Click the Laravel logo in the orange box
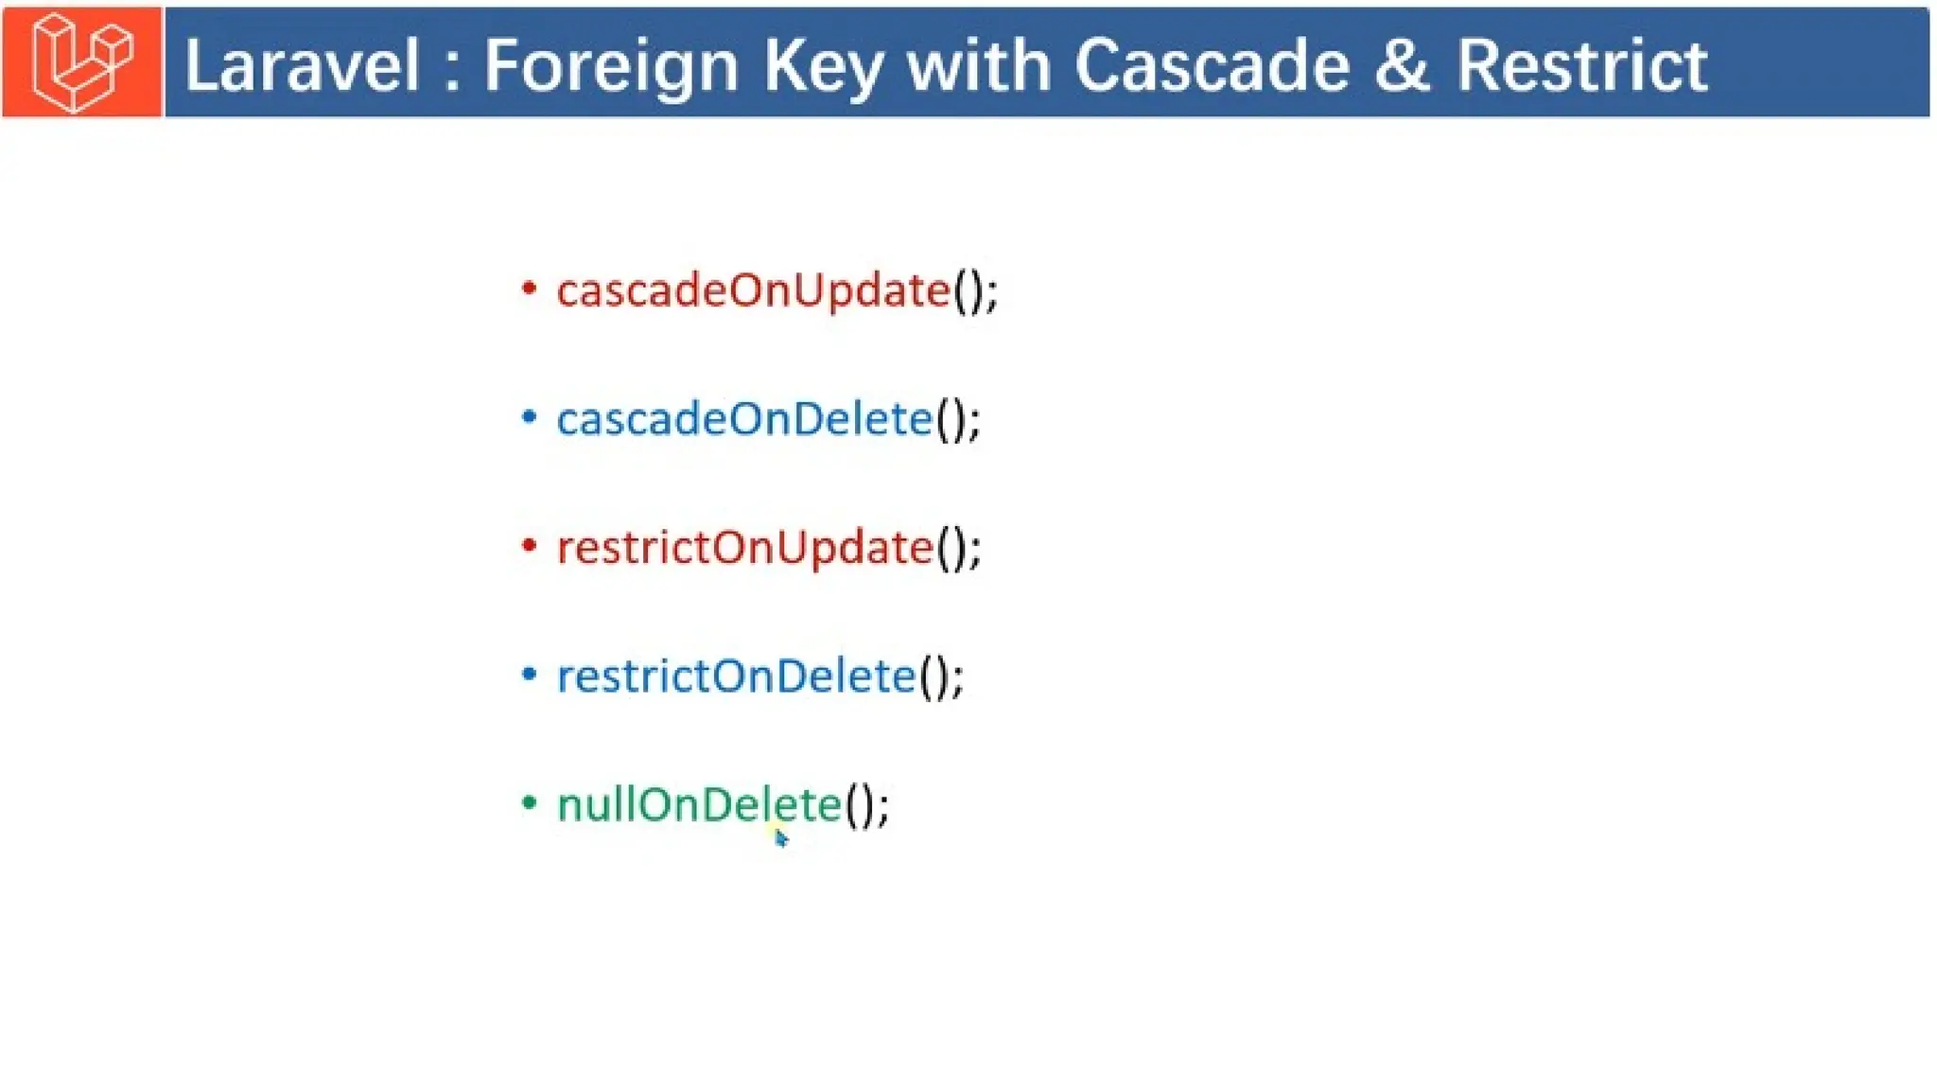tap(82, 62)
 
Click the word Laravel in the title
tap(302, 65)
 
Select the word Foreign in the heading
tap(611, 67)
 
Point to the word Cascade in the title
tap(1212, 65)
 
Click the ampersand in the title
tap(1402, 65)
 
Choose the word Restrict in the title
tap(1581, 65)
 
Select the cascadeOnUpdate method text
tap(754, 290)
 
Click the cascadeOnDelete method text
tap(745, 419)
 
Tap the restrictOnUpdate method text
tap(745, 548)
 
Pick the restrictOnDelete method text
tap(737, 677)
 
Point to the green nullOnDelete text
tap(700, 805)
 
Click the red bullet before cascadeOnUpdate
tap(530, 288)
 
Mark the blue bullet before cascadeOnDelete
tap(530, 416)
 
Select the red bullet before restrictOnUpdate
tap(530, 545)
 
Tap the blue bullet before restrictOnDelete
tap(530, 674)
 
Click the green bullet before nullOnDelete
tap(530, 803)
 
